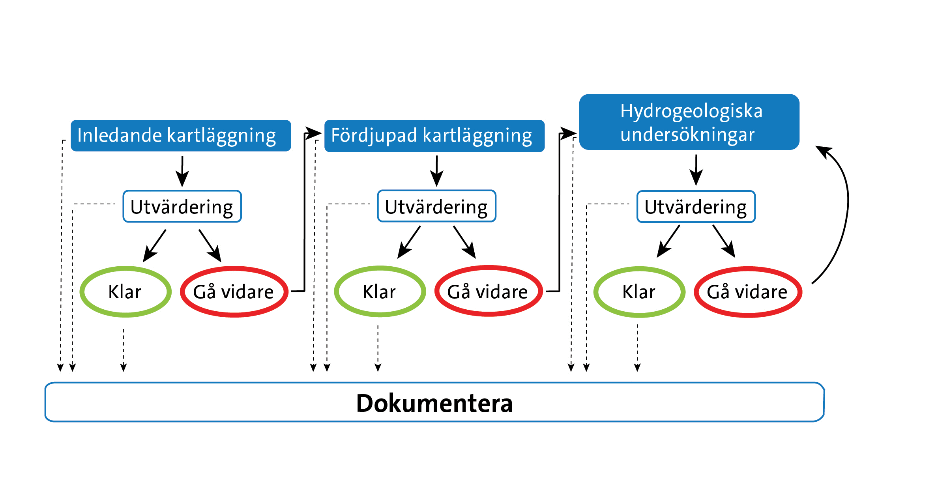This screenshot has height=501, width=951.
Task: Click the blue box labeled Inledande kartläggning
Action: (181, 136)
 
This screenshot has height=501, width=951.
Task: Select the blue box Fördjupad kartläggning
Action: (434, 136)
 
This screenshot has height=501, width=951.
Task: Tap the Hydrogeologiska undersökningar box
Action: (689, 122)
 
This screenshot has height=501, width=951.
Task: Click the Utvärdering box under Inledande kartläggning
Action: (182, 207)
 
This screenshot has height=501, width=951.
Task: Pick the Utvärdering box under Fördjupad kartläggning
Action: (436, 206)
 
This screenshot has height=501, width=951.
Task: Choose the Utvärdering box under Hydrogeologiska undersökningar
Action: (696, 207)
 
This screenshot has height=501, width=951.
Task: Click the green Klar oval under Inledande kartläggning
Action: (125, 292)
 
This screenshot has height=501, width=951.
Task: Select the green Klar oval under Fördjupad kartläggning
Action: (380, 292)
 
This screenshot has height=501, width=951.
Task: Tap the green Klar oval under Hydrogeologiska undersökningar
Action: (639, 292)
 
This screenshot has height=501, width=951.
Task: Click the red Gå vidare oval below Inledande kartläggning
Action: (234, 292)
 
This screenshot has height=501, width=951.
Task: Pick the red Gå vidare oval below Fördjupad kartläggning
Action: (488, 292)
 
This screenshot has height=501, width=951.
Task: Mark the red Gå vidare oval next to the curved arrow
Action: (747, 292)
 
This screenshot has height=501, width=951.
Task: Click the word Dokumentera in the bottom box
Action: (434, 403)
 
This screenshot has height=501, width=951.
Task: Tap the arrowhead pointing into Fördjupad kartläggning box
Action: (314, 133)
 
